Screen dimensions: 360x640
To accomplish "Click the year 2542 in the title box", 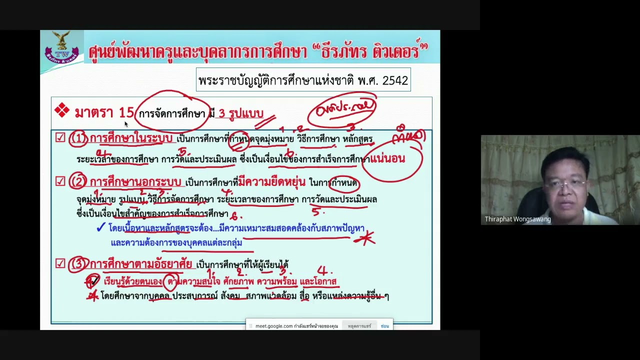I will [x=395, y=80].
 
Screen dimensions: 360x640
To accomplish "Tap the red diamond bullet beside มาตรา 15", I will [x=62, y=110].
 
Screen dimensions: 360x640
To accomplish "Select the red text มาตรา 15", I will [x=104, y=113].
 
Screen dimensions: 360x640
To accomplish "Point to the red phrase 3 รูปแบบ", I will [x=241, y=114].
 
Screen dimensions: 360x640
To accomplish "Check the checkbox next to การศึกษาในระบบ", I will [x=60, y=137].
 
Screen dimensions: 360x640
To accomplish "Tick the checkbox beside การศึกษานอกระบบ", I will [x=60, y=181].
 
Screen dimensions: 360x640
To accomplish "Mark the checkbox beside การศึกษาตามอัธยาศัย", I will [x=60, y=263].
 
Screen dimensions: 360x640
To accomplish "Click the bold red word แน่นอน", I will [x=388, y=159].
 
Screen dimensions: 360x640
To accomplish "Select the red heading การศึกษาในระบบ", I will [x=131, y=138].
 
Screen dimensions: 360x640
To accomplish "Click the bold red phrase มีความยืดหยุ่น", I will [x=271, y=182].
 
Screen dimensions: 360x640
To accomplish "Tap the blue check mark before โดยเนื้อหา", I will [x=100, y=228].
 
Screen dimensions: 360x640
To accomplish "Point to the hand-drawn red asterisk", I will [x=365, y=238].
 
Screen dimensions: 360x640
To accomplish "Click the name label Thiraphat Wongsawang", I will [x=517, y=219].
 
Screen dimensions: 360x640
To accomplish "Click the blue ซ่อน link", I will [x=384, y=326].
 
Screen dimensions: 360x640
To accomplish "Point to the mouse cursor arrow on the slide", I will [x=126, y=124].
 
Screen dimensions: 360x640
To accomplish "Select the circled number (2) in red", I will [x=78, y=182].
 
